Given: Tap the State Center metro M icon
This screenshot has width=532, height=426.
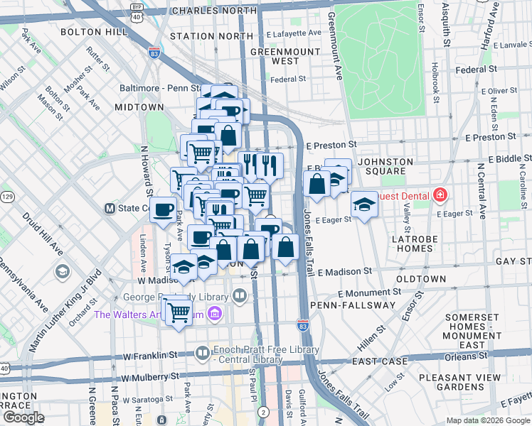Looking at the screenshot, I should coord(110,209).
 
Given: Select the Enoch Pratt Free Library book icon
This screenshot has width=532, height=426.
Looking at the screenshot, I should coord(203,353).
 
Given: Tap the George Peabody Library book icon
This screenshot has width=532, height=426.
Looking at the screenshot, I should coord(240,295).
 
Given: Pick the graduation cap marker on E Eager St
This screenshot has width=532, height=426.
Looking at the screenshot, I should coord(364,204).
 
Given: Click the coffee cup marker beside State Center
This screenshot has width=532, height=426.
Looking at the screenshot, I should coord(164,209).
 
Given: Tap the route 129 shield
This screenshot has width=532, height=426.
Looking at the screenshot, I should coord(7,195).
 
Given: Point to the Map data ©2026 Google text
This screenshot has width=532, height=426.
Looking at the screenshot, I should coord(487,420).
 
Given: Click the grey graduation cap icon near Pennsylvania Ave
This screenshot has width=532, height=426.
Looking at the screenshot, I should coord(63,271).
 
